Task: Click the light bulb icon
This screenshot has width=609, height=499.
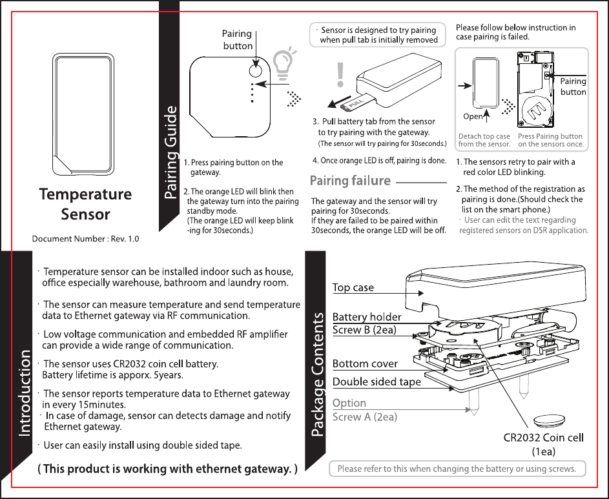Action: [285, 63]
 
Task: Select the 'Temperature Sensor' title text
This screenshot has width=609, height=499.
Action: [85, 204]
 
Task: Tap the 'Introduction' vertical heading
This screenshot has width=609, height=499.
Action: [24, 393]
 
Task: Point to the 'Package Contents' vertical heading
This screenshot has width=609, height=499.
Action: [318, 375]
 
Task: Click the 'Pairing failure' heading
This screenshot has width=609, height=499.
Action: [351, 181]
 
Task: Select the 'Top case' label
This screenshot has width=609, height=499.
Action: [353, 287]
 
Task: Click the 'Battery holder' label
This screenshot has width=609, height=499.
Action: [367, 317]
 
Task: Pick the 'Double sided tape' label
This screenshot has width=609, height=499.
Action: [377, 382]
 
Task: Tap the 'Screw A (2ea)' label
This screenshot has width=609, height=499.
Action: [365, 417]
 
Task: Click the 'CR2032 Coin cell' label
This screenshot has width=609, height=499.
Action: [543, 438]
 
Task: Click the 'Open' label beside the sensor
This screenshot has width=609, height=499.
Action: [473, 117]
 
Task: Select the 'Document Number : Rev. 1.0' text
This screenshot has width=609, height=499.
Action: [86, 239]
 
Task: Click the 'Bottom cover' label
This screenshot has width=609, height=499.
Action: [365, 364]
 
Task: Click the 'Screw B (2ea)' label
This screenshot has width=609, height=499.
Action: [364, 330]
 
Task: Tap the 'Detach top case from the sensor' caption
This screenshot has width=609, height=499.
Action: [484, 140]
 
